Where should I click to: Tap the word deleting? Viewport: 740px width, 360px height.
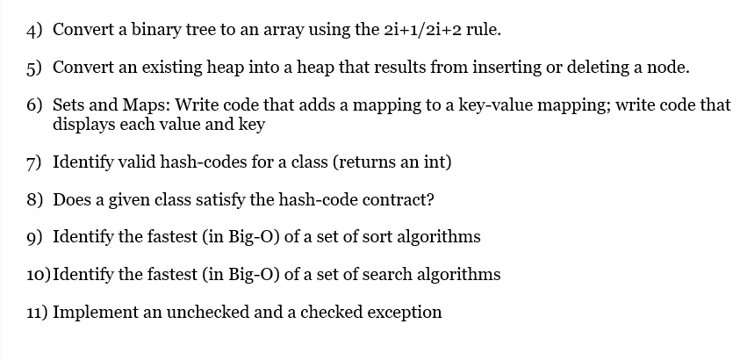point(612,67)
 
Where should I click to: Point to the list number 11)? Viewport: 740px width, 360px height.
point(36,313)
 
